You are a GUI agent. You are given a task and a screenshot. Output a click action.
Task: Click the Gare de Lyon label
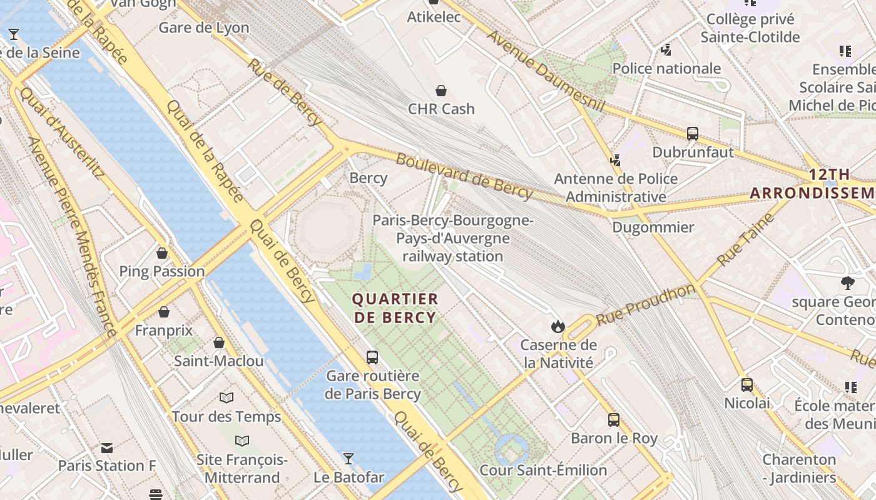pos(203,27)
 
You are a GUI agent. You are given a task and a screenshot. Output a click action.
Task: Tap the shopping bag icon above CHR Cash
pos(441,91)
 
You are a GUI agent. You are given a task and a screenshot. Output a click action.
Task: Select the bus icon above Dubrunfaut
pos(692,133)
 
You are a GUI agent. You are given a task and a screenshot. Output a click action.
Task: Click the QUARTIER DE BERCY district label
pos(395,308)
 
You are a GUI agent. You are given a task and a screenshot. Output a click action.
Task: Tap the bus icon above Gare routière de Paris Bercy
pos(372,357)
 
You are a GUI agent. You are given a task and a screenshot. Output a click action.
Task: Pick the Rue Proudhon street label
pos(644,305)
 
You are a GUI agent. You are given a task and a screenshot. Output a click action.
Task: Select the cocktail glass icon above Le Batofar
pos(349,459)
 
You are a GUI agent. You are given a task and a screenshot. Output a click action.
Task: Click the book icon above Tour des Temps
pos(227,397)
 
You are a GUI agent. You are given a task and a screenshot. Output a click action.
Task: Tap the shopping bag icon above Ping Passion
pos(162,253)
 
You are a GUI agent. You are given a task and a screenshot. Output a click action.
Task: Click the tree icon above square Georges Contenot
pos(848,282)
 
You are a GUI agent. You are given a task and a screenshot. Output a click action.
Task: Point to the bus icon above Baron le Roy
pos(614,419)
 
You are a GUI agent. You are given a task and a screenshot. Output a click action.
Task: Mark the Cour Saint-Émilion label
pos(543,470)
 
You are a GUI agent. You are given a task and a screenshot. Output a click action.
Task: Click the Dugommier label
pos(653,227)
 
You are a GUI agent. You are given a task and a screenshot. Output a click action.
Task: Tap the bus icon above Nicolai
pos(747,384)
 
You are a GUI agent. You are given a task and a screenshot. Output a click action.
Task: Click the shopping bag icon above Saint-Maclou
pos(219,342)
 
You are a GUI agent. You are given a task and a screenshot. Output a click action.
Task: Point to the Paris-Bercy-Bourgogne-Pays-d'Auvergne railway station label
pos(453,238)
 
